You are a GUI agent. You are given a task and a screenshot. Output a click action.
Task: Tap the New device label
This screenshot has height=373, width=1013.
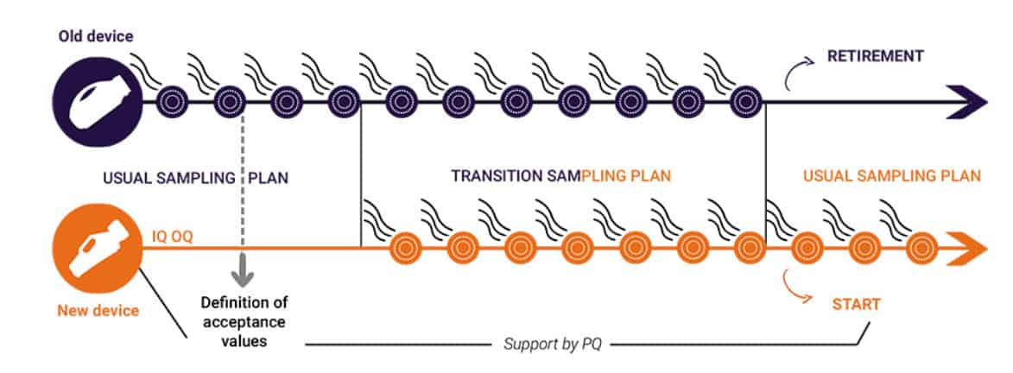[x=98, y=310]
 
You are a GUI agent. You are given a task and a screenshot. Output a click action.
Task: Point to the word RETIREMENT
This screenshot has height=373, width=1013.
[x=875, y=57]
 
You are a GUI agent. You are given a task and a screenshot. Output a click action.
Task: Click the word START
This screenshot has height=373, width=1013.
[x=856, y=304]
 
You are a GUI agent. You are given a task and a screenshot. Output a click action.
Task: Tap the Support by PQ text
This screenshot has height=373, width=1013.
[x=552, y=345]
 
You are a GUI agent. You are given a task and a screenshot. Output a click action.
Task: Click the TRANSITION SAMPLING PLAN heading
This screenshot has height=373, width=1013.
[x=560, y=176]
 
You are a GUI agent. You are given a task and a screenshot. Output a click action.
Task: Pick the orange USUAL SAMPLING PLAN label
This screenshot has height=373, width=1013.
[x=891, y=176]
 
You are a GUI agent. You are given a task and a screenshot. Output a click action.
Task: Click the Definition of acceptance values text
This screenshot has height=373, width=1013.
[x=244, y=321]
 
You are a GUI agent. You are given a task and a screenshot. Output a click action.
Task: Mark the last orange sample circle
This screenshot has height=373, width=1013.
[x=919, y=249]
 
